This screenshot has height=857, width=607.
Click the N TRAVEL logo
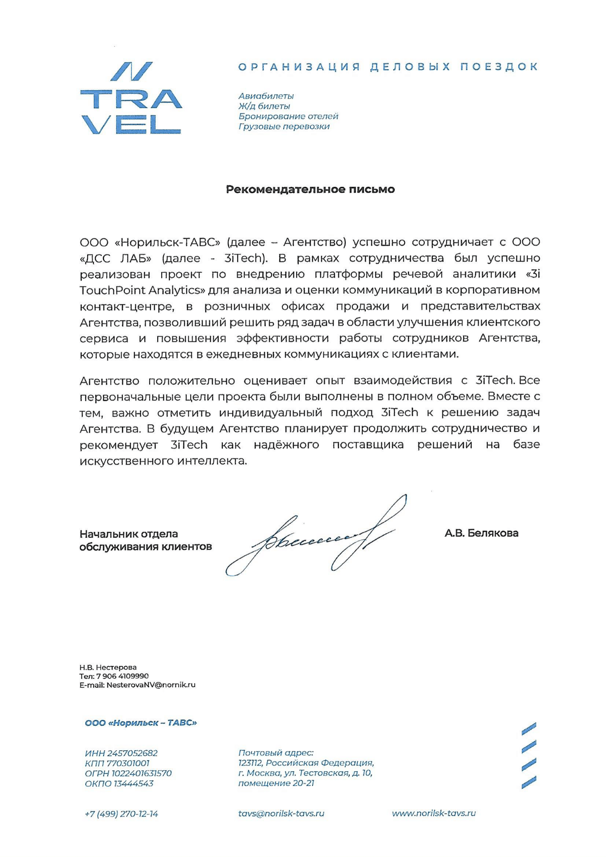(131, 98)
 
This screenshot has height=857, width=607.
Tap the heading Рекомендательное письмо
(310, 189)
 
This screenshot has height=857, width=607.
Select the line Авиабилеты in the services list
(266, 96)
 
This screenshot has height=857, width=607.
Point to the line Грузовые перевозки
(284, 126)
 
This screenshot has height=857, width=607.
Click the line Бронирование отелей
(288, 116)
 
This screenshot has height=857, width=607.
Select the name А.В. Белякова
(481, 533)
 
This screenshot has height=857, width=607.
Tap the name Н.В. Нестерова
(108, 667)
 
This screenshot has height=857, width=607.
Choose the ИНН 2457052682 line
(121, 753)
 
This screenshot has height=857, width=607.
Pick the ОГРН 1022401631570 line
(128, 773)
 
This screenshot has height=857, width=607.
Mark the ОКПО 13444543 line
(119, 783)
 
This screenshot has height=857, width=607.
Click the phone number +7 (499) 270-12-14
(121, 814)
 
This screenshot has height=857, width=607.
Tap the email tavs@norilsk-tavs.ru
(281, 813)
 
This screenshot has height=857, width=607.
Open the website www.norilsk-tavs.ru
(434, 813)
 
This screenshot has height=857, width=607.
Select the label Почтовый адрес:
(276, 753)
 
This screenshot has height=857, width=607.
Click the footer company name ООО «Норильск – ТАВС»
(141, 723)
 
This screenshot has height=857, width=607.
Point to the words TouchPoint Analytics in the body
(139, 290)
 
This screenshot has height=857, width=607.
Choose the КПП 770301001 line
(117, 763)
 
